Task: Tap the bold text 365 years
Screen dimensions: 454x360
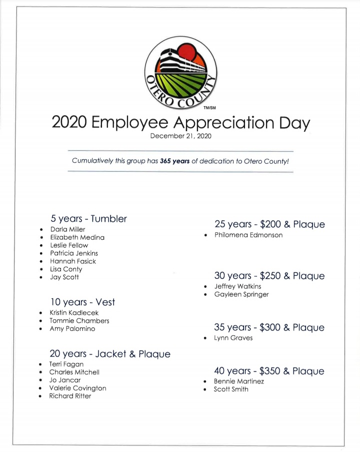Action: pyautogui.click(x=175, y=161)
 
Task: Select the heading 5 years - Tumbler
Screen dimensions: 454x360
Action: pyautogui.click(x=88, y=219)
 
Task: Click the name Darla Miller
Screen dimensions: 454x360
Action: pyautogui.click(x=67, y=229)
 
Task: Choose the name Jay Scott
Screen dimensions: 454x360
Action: pyautogui.click(x=64, y=277)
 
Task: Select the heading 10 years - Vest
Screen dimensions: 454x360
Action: pyautogui.click(x=82, y=302)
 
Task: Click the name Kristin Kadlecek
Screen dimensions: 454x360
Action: pyautogui.click(x=74, y=313)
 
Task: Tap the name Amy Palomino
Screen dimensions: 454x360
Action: pyautogui.click(x=72, y=329)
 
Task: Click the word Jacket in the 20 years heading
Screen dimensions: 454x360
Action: pyautogui.click(x=111, y=354)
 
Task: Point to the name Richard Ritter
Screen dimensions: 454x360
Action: pyautogui.click(x=70, y=396)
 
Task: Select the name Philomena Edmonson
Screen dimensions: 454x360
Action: pyautogui.click(x=248, y=235)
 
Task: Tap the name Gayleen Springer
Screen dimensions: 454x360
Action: pyautogui.click(x=241, y=294)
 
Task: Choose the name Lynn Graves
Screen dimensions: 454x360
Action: pyautogui.click(x=233, y=338)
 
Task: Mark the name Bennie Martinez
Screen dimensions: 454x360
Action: pyautogui.click(x=239, y=381)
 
